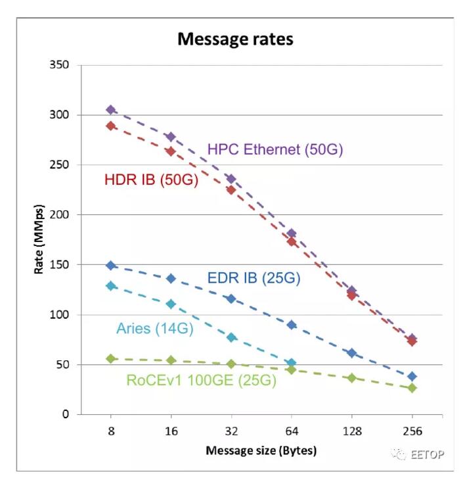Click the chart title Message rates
point(235,39)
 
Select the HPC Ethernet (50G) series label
point(275,149)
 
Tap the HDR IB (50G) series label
point(151,179)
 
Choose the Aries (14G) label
point(154,329)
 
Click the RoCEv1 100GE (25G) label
point(201,379)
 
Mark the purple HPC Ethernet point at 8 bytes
point(111,110)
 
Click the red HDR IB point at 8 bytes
point(111,126)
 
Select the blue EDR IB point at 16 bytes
point(171,278)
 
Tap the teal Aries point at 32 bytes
point(231,337)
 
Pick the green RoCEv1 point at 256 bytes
point(412,388)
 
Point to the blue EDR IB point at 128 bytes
point(351,353)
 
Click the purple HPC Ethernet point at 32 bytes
point(231,179)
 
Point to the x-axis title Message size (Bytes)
point(261,451)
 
